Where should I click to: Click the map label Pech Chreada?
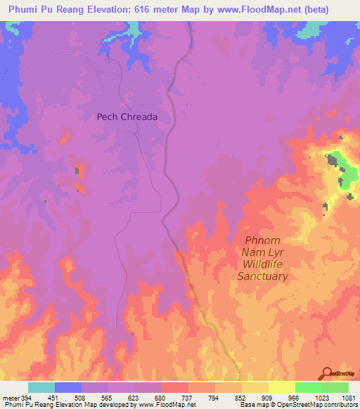pyautogui.click(x=127, y=117)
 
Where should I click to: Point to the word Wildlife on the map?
pyautogui.click(x=265, y=264)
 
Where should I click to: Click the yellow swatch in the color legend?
pyautogui.click(x=281, y=387)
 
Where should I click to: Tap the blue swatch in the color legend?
pyautogui.click(x=68, y=387)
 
